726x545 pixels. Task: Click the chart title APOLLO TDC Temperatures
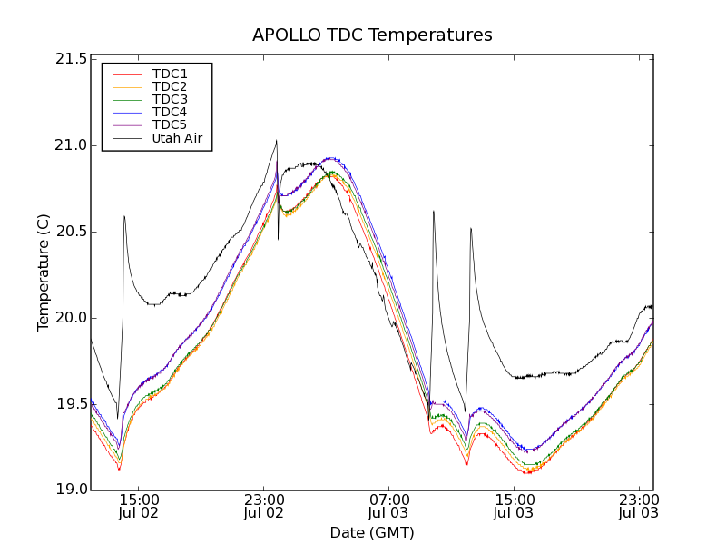[x=372, y=35]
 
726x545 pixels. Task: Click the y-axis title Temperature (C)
[x=44, y=272]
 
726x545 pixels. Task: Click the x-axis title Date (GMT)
[x=372, y=532]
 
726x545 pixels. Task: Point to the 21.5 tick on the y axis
[x=71, y=59]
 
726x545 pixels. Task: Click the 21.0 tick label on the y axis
[x=71, y=145]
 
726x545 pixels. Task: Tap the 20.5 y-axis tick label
[x=71, y=232]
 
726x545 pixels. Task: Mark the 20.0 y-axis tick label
[x=71, y=318]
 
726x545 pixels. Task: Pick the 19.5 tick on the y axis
[x=71, y=404]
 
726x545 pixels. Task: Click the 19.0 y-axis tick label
[x=71, y=490]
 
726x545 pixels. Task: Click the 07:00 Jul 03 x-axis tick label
[x=388, y=506]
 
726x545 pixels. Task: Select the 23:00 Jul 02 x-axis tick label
[x=264, y=506]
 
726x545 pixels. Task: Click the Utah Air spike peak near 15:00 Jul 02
[x=123, y=216]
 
